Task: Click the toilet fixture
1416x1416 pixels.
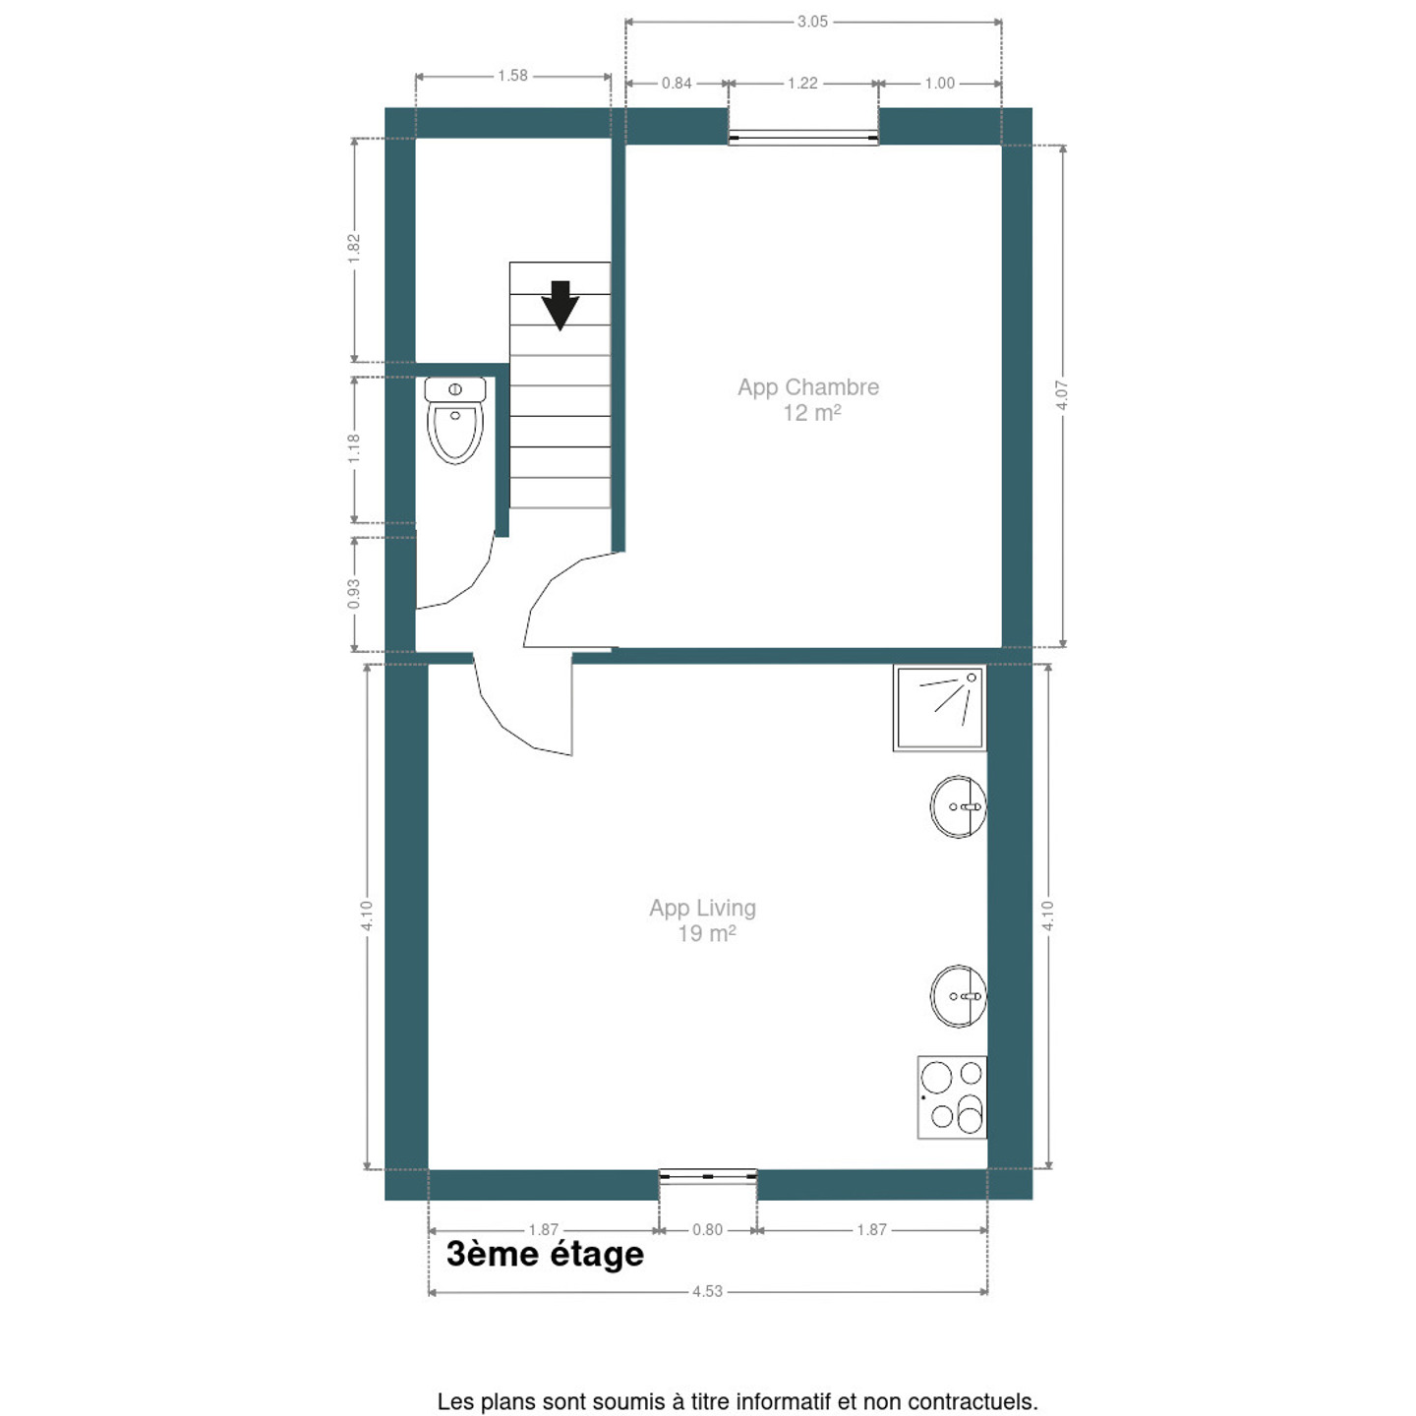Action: [455, 420]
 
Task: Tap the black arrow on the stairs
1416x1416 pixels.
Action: [560, 305]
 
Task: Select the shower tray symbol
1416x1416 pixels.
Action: [940, 708]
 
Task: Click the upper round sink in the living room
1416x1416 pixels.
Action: [958, 807]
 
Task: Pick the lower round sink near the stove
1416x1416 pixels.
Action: [958, 996]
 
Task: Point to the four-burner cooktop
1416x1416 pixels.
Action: [952, 1097]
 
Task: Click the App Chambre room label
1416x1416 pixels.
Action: [809, 400]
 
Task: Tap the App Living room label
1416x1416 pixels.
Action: [703, 920]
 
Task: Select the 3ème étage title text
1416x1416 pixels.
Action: [545, 1255]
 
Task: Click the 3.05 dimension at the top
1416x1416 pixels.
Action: [812, 22]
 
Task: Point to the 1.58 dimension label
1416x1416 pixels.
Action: [512, 75]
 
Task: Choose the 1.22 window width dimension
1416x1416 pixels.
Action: [802, 83]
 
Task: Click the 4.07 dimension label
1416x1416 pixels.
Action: [1063, 395]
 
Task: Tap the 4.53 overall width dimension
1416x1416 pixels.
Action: [708, 1312]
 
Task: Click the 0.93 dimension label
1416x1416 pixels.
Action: [354, 594]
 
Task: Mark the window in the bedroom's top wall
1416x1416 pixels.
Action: [803, 137]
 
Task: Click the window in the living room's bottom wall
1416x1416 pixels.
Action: [708, 1176]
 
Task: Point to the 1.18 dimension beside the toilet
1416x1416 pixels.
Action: [354, 449]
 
